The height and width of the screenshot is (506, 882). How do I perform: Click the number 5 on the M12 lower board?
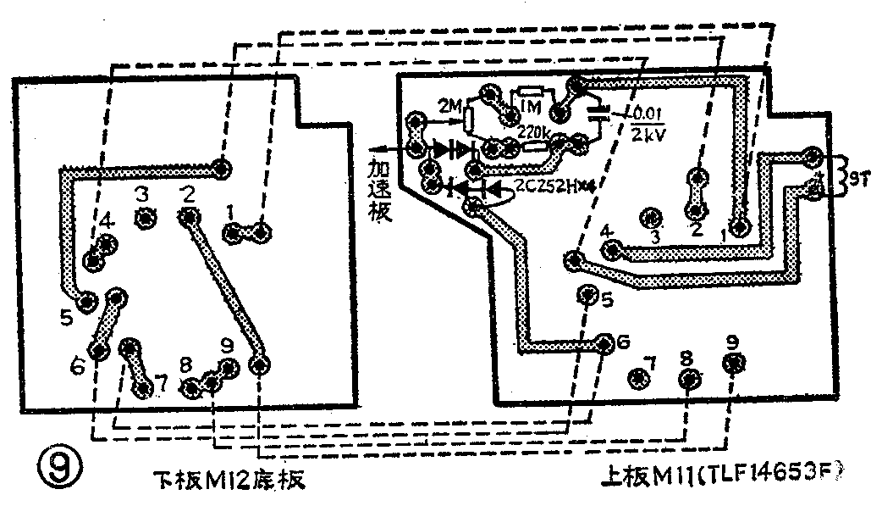pyautogui.click(x=67, y=319)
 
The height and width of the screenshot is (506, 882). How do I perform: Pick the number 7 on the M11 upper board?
pyautogui.click(x=650, y=364)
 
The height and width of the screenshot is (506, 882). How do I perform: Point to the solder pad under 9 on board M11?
pyautogui.click(x=733, y=364)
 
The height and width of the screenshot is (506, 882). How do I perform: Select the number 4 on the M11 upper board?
pyautogui.click(x=605, y=231)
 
